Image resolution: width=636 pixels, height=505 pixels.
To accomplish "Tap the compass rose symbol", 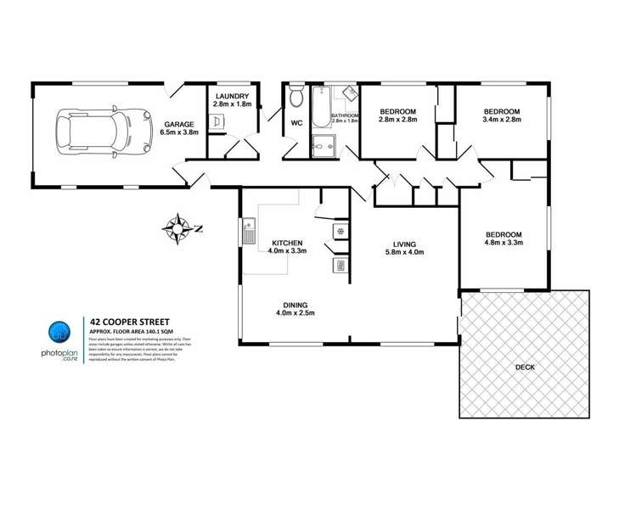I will (178, 227).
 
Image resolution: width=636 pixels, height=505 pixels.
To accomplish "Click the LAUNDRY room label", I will (231, 97).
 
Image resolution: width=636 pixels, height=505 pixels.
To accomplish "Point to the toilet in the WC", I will (295, 98).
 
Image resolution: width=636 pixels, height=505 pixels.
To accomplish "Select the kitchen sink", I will (250, 230).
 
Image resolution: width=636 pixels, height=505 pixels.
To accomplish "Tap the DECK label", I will (525, 368).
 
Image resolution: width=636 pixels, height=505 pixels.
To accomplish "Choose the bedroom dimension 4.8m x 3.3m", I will (504, 244).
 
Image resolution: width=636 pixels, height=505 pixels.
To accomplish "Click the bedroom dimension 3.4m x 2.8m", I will (501, 121).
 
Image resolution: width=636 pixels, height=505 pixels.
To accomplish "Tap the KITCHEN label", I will (287, 241).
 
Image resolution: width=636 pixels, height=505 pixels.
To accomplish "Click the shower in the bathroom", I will (323, 146).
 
